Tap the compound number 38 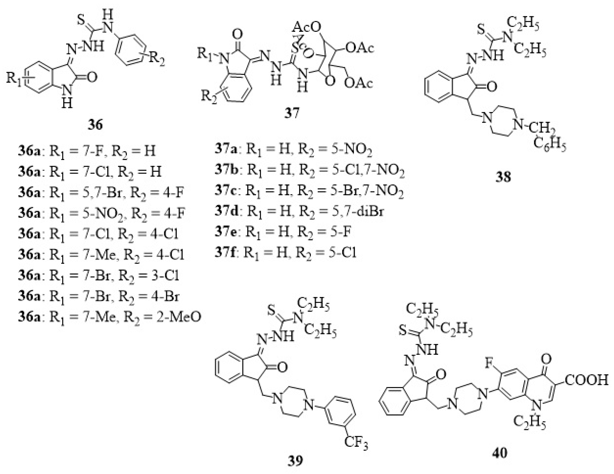pos(503,177)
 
